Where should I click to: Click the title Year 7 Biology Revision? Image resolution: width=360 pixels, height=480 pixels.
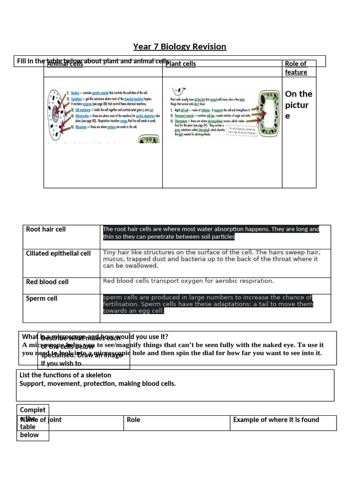(180, 46)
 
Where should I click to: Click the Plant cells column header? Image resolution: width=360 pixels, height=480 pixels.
(180, 64)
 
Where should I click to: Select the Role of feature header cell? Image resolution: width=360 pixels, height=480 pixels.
(296, 68)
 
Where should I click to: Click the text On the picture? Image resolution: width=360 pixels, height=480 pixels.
(298, 105)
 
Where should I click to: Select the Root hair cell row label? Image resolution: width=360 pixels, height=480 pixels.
(46, 229)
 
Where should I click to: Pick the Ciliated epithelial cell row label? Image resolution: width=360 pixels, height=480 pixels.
(59, 253)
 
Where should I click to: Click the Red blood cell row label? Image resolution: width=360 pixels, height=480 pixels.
(47, 282)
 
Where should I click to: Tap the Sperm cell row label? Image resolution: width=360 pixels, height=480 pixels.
(42, 298)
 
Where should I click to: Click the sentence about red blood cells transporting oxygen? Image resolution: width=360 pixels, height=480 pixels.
(188, 281)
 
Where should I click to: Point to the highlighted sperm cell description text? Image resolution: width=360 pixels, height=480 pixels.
(208, 304)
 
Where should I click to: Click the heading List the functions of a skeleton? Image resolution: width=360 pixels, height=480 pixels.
(66, 375)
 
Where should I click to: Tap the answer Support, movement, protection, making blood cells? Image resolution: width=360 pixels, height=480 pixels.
(98, 383)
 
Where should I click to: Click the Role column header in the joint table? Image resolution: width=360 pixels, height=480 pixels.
(134, 420)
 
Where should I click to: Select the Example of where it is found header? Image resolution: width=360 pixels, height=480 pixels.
(276, 420)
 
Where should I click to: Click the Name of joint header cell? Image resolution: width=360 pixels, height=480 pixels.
(41, 420)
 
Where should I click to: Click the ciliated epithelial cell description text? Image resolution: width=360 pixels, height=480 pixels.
(210, 259)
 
